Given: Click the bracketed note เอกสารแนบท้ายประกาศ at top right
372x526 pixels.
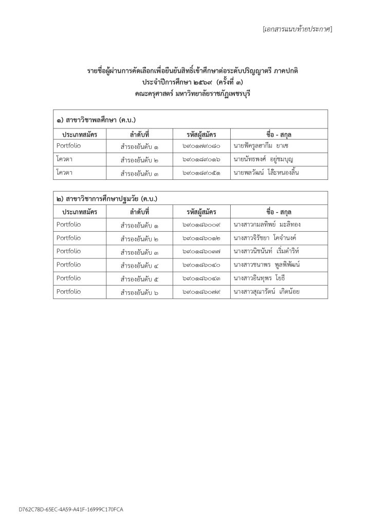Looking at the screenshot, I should coord(297,29).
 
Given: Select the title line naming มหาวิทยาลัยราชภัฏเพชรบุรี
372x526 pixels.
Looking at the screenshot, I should coord(185,93).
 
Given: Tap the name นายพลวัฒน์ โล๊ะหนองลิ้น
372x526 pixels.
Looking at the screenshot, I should coord(266,173).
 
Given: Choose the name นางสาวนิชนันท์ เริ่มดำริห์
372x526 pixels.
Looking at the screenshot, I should coord(266,252).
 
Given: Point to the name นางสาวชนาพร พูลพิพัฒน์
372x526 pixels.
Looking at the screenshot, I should coord(266,265).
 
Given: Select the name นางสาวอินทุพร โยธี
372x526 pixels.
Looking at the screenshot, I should coord(259,278).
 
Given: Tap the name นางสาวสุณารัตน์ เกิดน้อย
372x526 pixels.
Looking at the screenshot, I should coord(266,292).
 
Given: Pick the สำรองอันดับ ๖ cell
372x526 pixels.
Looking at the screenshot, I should coord(139,292).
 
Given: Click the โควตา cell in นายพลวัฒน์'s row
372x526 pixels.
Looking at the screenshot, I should coord(65,173).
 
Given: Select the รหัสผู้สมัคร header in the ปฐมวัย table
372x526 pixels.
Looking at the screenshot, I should coord(201,212).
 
